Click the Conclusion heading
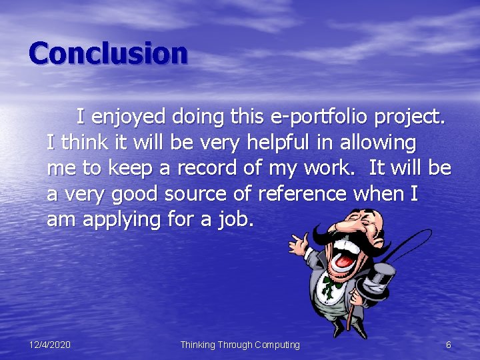[108, 53]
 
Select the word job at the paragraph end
[235, 220]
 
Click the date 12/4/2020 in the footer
[50, 345]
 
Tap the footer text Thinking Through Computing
[240, 345]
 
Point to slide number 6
[448, 345]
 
